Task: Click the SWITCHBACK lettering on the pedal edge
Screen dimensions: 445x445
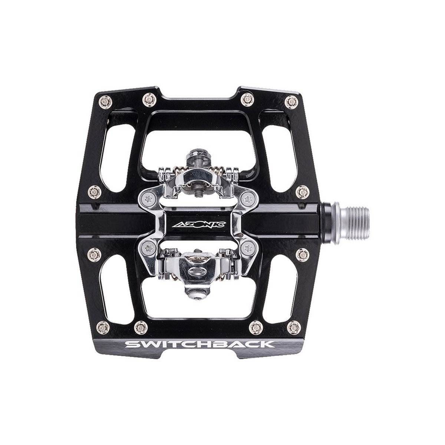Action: (x=200, y=344)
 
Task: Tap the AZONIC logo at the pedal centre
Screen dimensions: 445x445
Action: (x=200, y=224)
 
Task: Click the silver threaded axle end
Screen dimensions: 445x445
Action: (x=354, y=223)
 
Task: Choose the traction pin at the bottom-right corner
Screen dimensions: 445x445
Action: (x=294, y=327)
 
